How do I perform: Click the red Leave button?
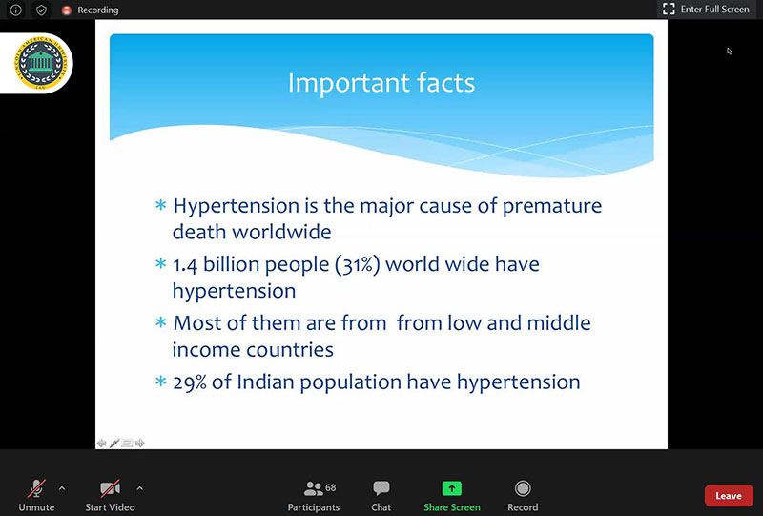pos(729,496)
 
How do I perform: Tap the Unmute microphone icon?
pos(36,488)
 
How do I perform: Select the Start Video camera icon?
pos(110,488)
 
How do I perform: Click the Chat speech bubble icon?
pos(381,487)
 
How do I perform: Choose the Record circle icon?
pos(523,488)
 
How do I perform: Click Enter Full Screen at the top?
pos(706,10)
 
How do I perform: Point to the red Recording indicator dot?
pos(67,10)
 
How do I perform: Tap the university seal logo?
pos(40,63)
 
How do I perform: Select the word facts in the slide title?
pos(445,83)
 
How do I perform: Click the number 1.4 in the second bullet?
pos(185,265)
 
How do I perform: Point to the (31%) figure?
pos(357,265)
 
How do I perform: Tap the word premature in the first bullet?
pos(552,206)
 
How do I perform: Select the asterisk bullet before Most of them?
pos(160,322)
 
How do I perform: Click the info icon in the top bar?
pos(15,10)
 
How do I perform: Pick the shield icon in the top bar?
pos(41,10)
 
